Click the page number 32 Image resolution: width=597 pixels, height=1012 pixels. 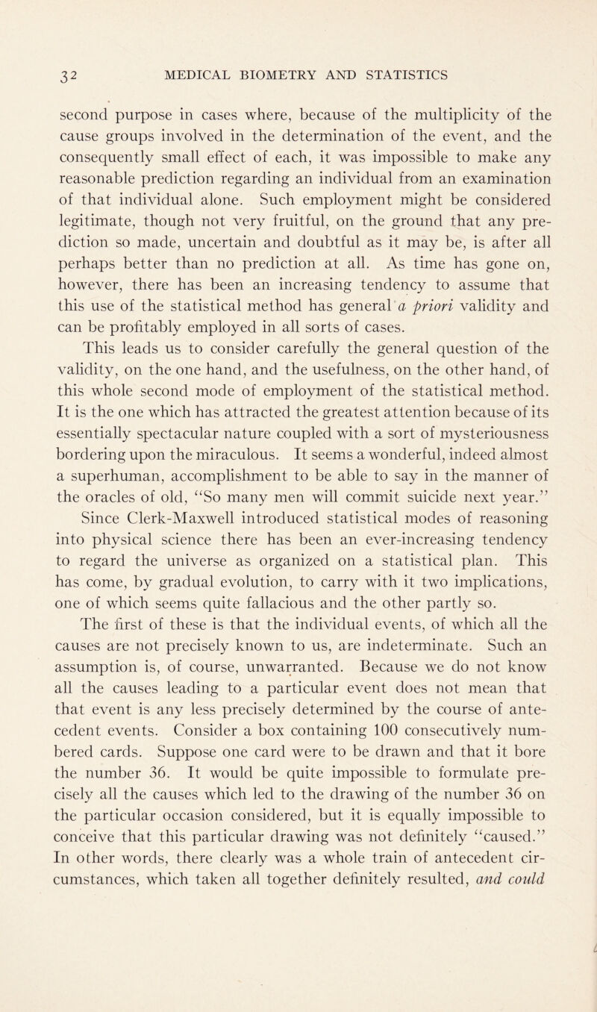coord(34,75)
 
